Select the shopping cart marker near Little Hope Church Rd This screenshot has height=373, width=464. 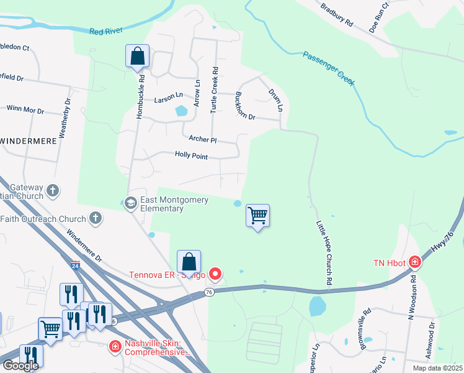[x=257, y=216]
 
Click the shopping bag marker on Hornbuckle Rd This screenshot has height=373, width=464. [x=137, y=56]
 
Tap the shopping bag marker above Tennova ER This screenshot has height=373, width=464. [x=189, y=261]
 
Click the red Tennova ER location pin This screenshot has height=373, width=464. [x=215, y=273]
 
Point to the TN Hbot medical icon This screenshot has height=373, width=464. [x=415, y=263]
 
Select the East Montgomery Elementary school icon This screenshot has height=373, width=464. [x=131, y=203]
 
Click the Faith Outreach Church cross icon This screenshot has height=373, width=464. [x=94, y=218]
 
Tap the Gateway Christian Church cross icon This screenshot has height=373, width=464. [x=53, y=190]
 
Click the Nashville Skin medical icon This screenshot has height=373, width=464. [x=115, y=346]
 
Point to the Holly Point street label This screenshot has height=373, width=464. [x=191, y=156]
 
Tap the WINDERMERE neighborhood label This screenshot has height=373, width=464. [x=29, y=141]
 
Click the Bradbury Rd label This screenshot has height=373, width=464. [x=337, y=14]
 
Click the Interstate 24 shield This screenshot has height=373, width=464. [x=76, y=264]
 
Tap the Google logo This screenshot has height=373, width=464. [x=20, y=366]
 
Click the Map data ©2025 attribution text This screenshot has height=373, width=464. [x=437, y=368]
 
